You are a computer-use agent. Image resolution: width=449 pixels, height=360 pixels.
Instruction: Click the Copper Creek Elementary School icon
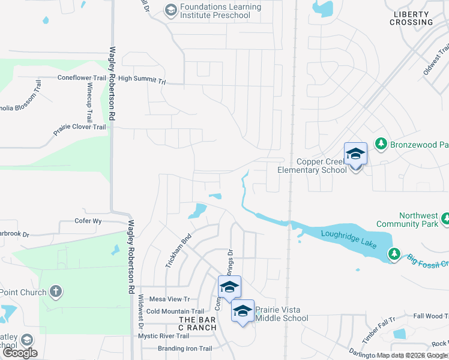pyautogui.click(x=355, y=155)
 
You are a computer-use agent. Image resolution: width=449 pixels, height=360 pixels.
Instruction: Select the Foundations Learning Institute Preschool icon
pyautogui.click(x=171, y=10)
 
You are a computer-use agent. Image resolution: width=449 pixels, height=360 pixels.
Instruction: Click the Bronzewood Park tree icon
pyautogui.click(x=380, y=143)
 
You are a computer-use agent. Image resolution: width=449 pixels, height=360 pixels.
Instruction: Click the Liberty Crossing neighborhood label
pyautogui.click(x=411, y=18)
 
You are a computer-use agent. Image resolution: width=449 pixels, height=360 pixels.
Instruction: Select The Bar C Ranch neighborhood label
pyautogui.click(x=197, y=323)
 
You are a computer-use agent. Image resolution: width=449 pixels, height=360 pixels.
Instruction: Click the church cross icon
pyautogui.click(x=55, y=292)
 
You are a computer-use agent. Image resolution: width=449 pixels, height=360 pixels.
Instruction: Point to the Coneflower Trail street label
pyautogui.click(x=82, y=78)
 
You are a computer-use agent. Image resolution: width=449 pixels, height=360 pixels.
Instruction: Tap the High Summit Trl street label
pyautogui.click(x=142, y=79)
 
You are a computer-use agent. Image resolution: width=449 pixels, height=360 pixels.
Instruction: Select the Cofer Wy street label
pyautogui.click(x=88, y=221)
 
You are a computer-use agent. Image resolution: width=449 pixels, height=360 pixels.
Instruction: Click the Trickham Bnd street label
pyautogui.click(x=178, y=250)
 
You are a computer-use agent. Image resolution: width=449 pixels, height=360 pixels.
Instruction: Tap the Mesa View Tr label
pyautogui.click(x=169, y=299)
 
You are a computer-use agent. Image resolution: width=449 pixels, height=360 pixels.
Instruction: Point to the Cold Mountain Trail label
pyautogui.click(x=175, y=311)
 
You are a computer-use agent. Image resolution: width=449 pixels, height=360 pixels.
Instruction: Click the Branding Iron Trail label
pyautogui.click(x=185, y=349)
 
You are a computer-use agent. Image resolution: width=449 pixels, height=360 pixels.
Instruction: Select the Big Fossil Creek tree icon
pyautogui.click(x=394, y=253)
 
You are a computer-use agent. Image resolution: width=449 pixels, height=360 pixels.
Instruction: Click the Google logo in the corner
pyautogui.click(x=19, y=353)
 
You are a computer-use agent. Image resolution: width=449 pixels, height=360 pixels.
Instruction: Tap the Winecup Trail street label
pyautogui.click(x=89, y=102)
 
